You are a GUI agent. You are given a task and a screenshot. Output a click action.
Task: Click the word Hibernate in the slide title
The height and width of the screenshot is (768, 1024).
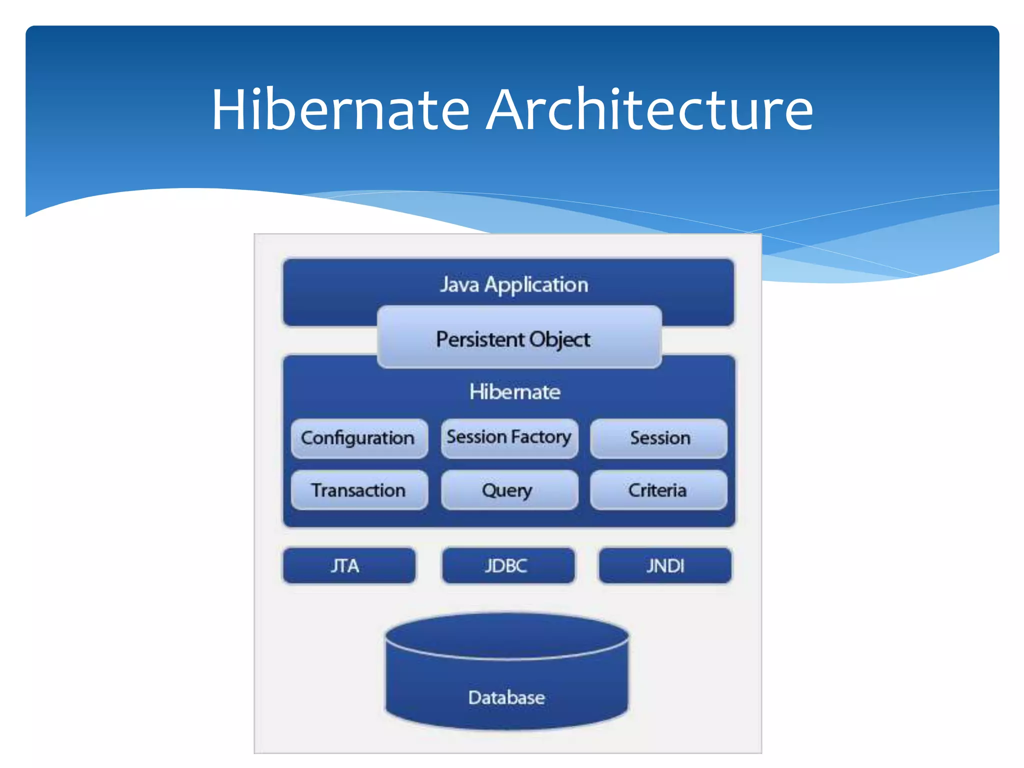(x=340, y=109)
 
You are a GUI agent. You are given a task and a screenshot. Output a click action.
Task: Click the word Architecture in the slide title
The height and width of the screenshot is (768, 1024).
(x=649, y=109)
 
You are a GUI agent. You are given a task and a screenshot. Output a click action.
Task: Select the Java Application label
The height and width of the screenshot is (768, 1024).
(x=514, y=285)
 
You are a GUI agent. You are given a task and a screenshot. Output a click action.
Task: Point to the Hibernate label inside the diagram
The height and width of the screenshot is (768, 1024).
(x=514, y=392)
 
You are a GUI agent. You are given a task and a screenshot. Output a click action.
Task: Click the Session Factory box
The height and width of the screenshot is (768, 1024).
(x=509, y=438)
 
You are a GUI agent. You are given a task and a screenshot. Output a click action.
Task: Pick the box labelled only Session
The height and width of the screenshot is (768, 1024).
(x=659, y=438)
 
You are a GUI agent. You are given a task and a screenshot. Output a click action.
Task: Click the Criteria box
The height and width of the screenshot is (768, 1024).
(x=658, y=490)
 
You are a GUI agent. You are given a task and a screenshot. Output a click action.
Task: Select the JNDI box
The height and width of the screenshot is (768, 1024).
(x=665, y=566)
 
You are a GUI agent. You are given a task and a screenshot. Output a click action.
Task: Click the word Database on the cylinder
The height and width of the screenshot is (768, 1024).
(x=506, y=697)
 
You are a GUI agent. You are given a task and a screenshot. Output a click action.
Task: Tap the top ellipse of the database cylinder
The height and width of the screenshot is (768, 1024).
(x=506, y=635)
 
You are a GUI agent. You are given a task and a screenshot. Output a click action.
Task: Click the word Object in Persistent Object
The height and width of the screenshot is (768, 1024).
(x=560, y=340)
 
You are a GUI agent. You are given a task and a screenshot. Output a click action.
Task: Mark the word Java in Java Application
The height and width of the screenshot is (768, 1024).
(x=459, y=285)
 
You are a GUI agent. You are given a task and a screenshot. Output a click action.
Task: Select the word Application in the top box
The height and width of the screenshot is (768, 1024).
(x=536, y=285)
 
